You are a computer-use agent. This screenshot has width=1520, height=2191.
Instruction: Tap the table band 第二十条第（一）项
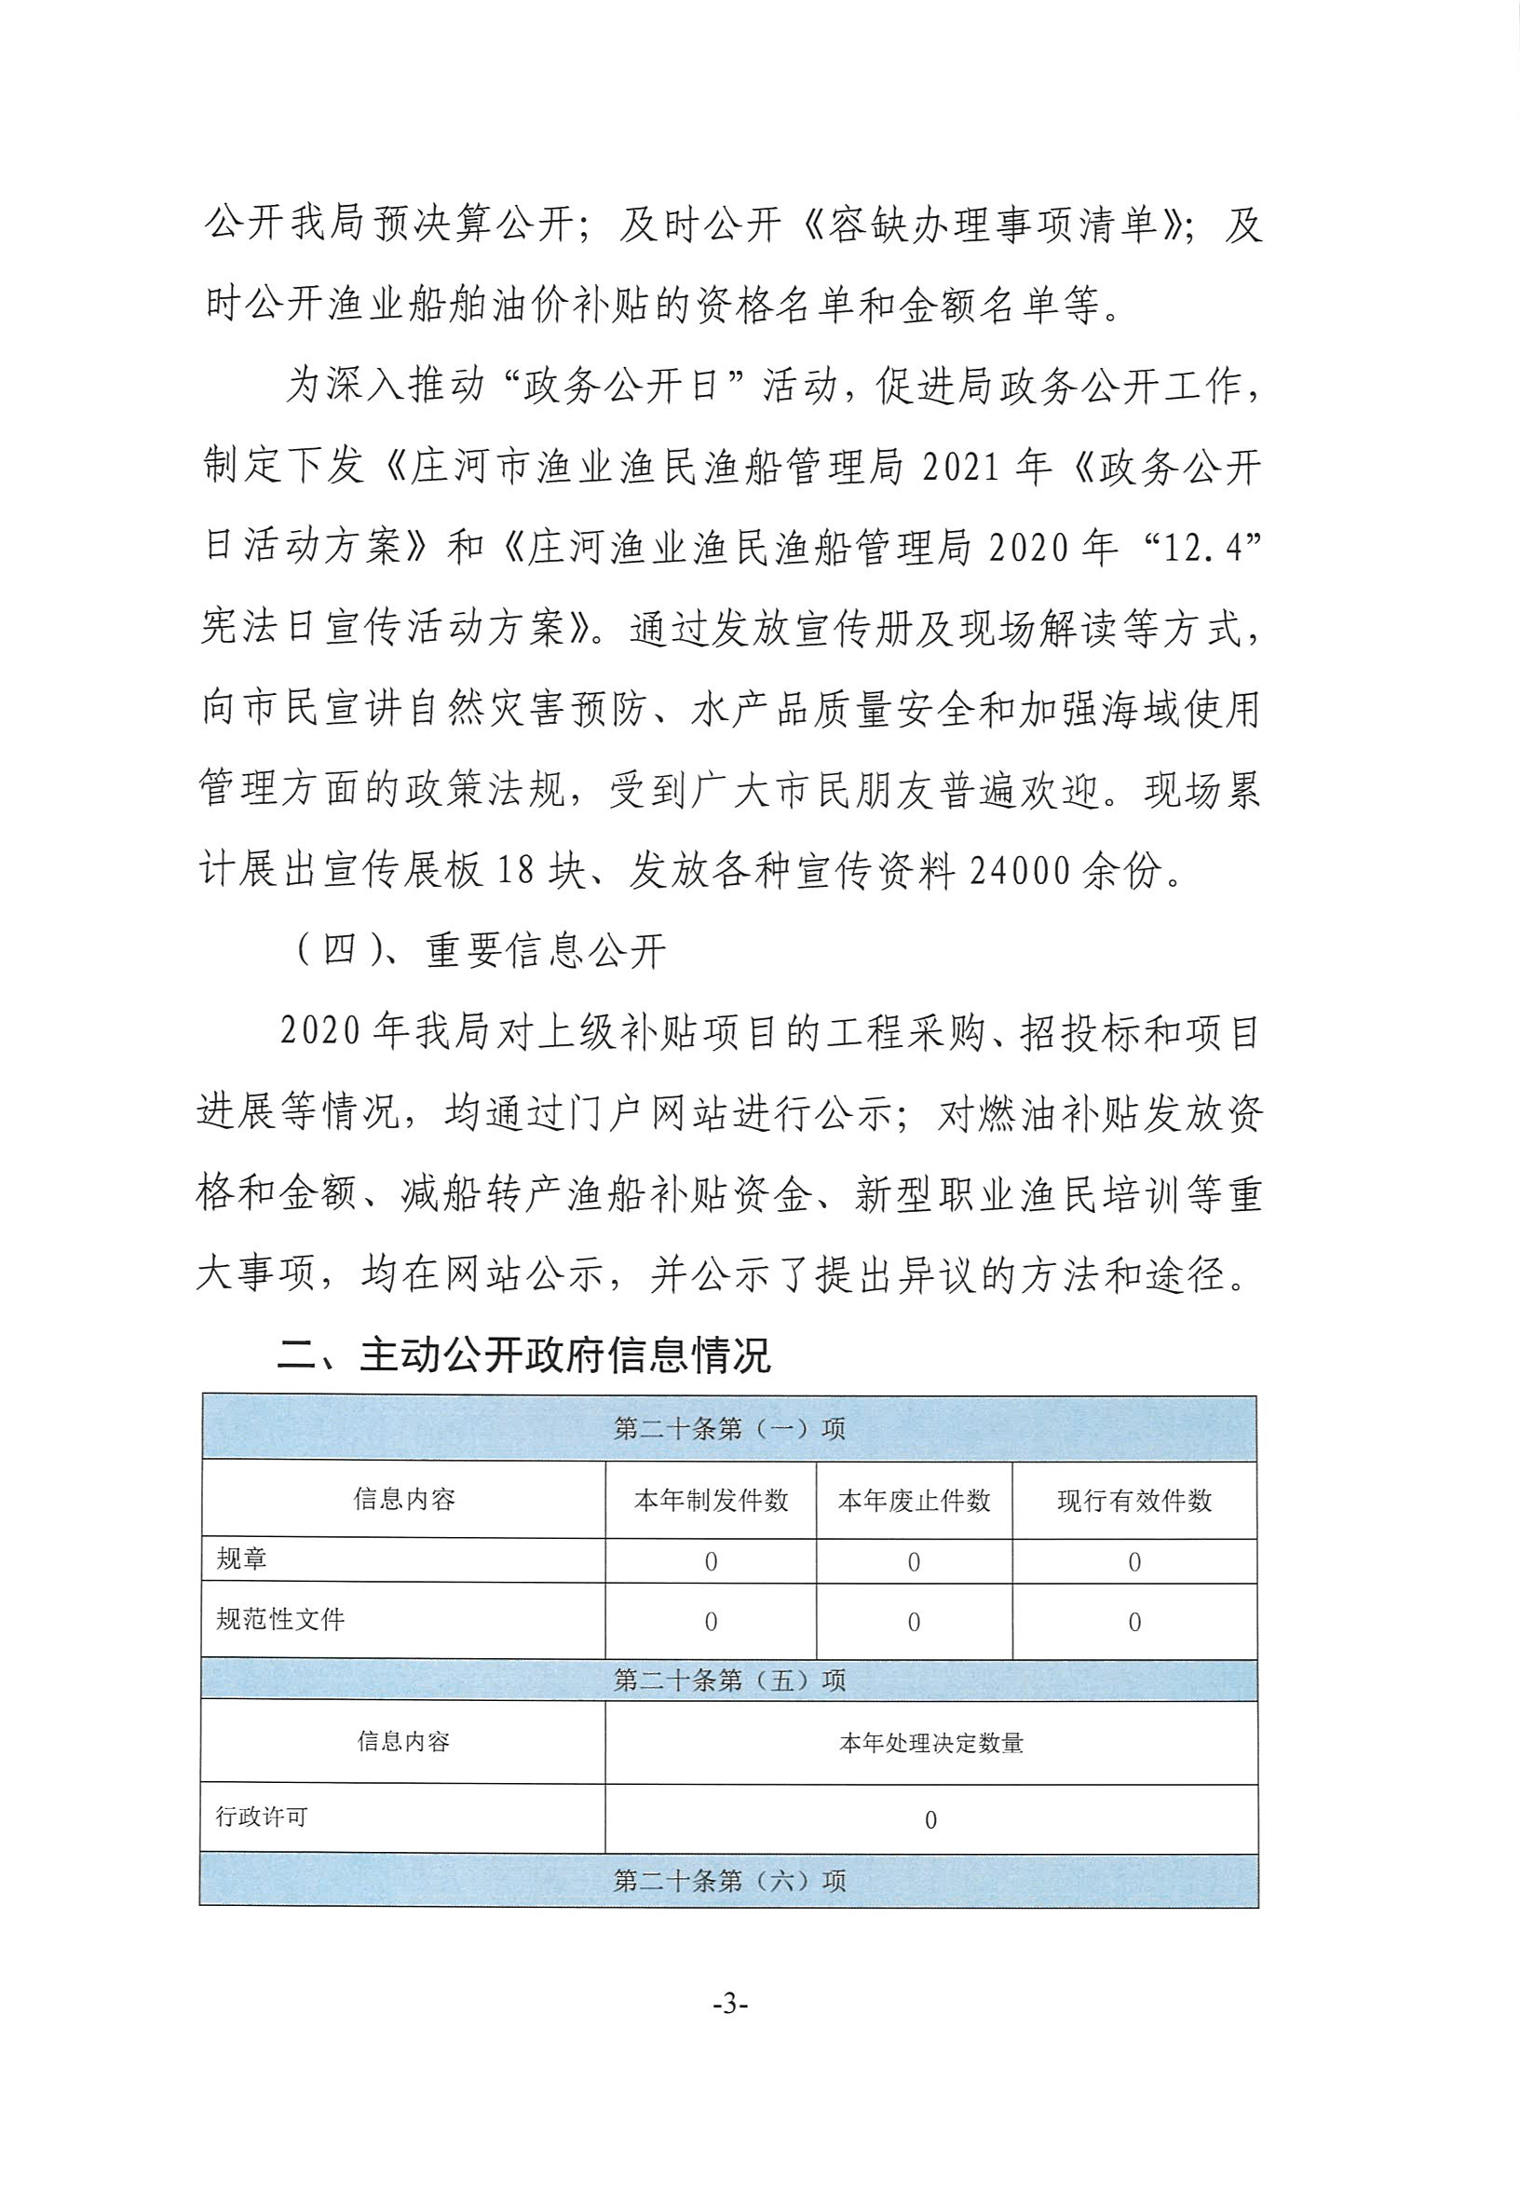[x=729, y=1429]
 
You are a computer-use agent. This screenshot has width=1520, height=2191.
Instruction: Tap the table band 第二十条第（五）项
[x=729, y=1680]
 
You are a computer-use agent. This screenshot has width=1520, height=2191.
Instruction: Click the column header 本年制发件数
[x=712, y=1502]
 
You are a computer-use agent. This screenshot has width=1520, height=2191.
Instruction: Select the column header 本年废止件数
[x=915, y=1502]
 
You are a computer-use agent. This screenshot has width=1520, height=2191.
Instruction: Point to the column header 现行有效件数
[x=1134, y=1502]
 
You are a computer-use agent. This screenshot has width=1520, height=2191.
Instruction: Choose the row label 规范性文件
[x=280, y=1619]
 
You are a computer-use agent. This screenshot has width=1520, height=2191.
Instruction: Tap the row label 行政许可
[x=262, y=1816]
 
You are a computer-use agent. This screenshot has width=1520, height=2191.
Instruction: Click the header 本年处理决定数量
[x=930, y=1743]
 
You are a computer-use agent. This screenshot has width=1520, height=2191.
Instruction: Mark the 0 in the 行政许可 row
[x=930, y=1820]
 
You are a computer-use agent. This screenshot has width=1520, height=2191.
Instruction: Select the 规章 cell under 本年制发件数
[x=711, y=1562]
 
